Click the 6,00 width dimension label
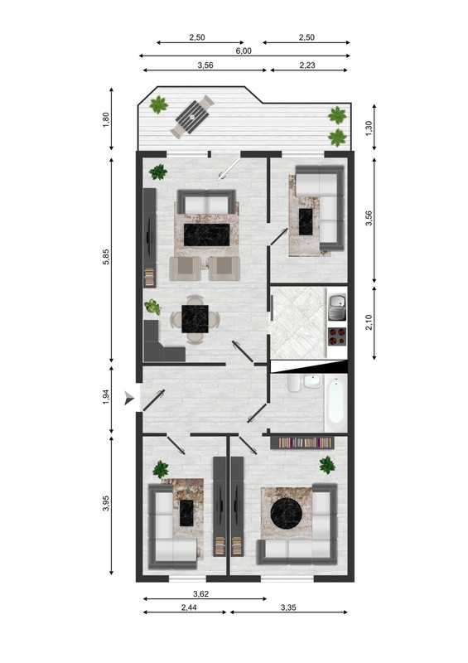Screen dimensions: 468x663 [244, 51]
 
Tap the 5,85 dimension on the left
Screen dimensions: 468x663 [106, 257]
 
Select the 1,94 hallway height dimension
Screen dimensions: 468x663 [106, 397]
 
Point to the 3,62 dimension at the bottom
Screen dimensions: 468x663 [200, 593]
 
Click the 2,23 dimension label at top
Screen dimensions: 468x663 [307, 65]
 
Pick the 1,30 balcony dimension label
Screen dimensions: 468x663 [369, 128]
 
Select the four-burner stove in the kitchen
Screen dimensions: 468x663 [337, 336]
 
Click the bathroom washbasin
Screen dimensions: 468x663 [313, 381]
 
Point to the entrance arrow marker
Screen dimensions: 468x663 [129, 399]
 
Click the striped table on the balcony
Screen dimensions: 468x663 [192, 116]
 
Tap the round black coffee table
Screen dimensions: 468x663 [284, 513]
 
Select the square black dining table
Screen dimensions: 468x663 [195, 319]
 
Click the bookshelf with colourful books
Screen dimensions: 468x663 [302, 443]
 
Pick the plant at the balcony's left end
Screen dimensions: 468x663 [158, 104]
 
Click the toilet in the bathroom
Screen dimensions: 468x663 [293, 383]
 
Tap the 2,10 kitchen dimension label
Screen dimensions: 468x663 [369, 322]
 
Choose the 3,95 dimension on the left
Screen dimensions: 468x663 [106, 503]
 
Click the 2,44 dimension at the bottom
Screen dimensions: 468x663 [189, 607]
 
